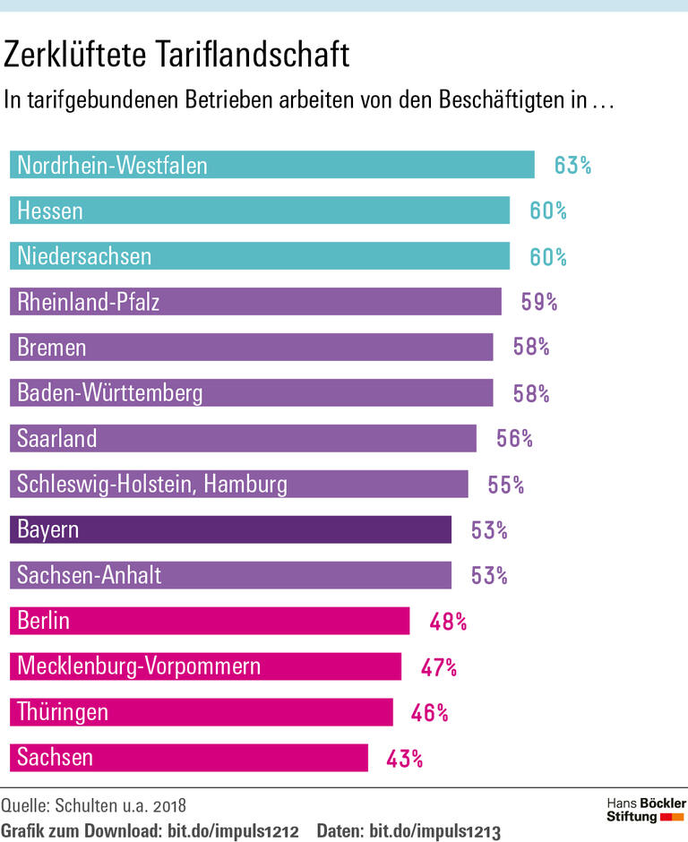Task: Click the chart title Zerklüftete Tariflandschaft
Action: [x=176, y=56]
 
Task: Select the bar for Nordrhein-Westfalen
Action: [x=271, y=166]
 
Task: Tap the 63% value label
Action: [x=572, y=166]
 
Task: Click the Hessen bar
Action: [x=259, y=211]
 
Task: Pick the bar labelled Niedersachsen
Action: [x=259, y=257]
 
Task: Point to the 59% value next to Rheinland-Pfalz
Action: [x=539, y=302]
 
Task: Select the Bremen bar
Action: [x=251, y=348]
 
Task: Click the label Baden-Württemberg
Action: [x=110, y=393]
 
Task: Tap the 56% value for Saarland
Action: [x=514, y=439]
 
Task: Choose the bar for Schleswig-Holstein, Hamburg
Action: [x=238, y=485]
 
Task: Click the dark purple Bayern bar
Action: [x=230, y=530]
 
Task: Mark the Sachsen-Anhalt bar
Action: [x=230, y=575]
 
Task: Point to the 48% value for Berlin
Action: [x=448, y=621]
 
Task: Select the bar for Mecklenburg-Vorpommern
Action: [x=205, y=666]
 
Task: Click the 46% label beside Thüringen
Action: [x=430, y=713]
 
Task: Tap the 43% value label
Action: [x=405, y=759]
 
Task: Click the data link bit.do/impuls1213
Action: [x=434, y=829]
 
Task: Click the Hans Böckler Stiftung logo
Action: [x=646, y=809]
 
